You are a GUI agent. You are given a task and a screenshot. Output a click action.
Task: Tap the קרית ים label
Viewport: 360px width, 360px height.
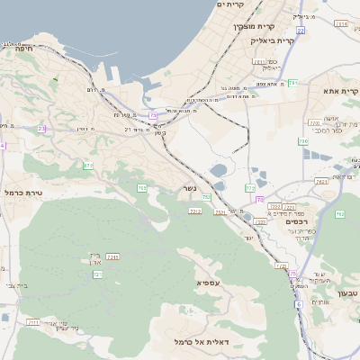(231, 5)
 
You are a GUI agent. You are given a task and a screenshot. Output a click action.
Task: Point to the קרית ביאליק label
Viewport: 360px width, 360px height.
(273, 40)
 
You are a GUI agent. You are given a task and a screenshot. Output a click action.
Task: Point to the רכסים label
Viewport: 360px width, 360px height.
(295, 221)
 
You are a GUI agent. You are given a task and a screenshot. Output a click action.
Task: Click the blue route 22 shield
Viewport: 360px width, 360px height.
(301, 30)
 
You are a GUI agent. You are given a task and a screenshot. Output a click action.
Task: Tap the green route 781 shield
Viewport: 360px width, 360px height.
(292, 83)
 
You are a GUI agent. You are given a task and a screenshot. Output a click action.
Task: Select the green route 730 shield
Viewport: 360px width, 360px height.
(303, 141)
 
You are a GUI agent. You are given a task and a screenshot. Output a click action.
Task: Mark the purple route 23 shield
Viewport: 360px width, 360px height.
(42, 129)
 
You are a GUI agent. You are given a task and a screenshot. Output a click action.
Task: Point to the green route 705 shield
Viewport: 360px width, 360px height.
(142, 187)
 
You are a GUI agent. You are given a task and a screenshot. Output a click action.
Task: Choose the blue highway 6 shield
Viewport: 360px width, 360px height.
(299, 304)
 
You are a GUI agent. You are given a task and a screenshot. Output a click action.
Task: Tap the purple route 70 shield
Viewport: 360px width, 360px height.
(259, 199)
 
